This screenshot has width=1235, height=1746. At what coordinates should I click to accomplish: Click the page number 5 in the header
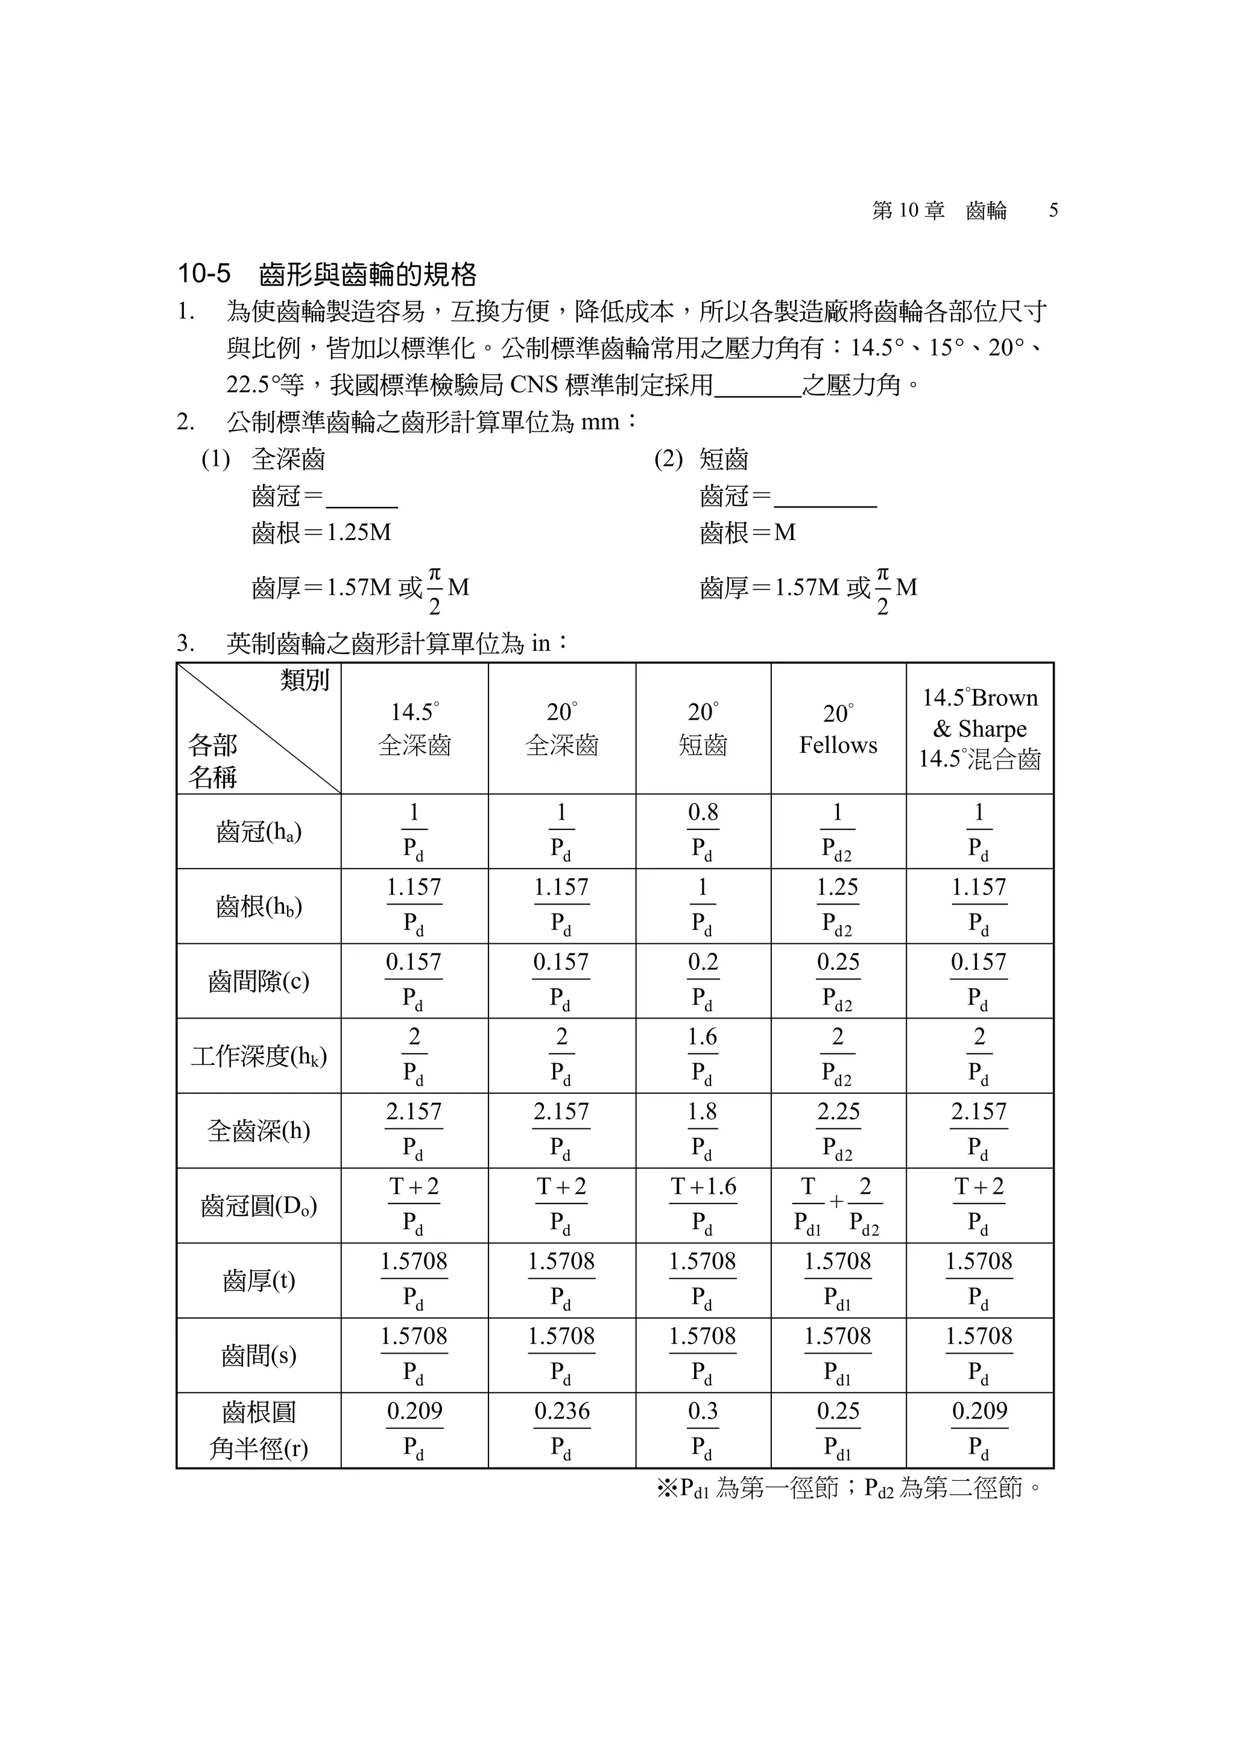pyautogui.click(x=1053, y=211)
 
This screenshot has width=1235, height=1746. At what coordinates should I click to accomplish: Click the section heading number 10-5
pyautogui.click(x=203, y=274)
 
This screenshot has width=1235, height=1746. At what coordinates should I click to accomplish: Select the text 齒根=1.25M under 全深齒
pyautogui.click(x=321, y=532)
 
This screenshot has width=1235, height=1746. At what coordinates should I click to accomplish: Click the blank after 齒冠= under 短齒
pyautogui.click(x=825, y=498)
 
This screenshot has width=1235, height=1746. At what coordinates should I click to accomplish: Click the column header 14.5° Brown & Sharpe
pyautogui.click(x=979, y=729)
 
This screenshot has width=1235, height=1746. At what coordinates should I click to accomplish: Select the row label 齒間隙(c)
pyautogui.click(x=259, y=981)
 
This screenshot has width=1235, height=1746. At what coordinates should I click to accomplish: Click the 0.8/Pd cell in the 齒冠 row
pyautogui.click(x=703, y=832)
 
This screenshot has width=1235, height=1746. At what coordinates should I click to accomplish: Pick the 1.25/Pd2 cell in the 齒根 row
pyautogui.click(x=838, y=906)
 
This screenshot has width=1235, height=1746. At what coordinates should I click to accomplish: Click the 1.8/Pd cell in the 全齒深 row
pyautogui.click(x=703, y=1131)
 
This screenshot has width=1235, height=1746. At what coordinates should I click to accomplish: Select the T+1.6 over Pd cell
pyautogui.click(x=703, y=1205)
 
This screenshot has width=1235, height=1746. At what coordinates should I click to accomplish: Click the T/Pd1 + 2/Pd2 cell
pyautogui.click(x=838, y=1205)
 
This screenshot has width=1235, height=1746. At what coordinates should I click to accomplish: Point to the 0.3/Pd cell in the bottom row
pyautogui.click(x=703, y=1430)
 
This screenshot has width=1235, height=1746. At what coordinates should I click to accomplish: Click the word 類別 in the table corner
pyautogui.click(x=305, y=680)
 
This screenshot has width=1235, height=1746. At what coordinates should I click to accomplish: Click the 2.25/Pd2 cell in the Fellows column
pyautogui.click(x=838, y=1131)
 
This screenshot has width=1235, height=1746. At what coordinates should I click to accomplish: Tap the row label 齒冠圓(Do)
pyautogui.click(x=259, y=1205)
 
